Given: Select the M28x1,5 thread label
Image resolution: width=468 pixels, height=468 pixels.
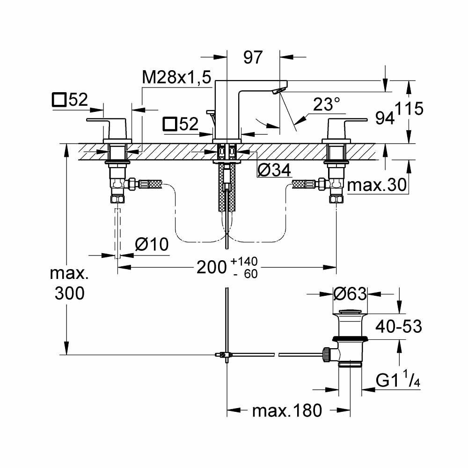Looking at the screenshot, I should click(177, 78).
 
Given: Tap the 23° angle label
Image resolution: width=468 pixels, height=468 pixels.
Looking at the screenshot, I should click(326, 104).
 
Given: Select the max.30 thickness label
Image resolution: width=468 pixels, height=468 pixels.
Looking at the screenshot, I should click(375, 186).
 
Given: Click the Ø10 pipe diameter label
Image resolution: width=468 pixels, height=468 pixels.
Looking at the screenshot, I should click(151, 244).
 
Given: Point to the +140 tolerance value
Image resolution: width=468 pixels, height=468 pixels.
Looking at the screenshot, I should click(243, 261).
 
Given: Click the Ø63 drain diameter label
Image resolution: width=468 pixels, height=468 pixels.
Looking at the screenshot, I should click(350, 294).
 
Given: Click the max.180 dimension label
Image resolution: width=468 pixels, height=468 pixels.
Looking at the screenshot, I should click(287, 411).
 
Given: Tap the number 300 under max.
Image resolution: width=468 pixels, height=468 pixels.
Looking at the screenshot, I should click(69, 293).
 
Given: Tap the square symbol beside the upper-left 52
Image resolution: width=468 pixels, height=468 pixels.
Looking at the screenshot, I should click(59, 100).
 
